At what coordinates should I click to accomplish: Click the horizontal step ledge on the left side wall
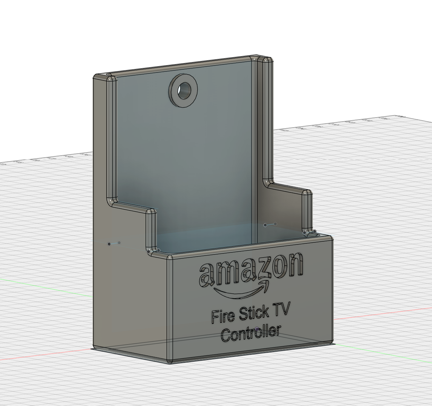coord(130,207)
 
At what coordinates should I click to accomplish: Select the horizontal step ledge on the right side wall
coord(286,188)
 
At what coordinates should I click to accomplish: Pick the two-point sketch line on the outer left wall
coord(114,243)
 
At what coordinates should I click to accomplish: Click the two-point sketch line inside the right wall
coord(270,225)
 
